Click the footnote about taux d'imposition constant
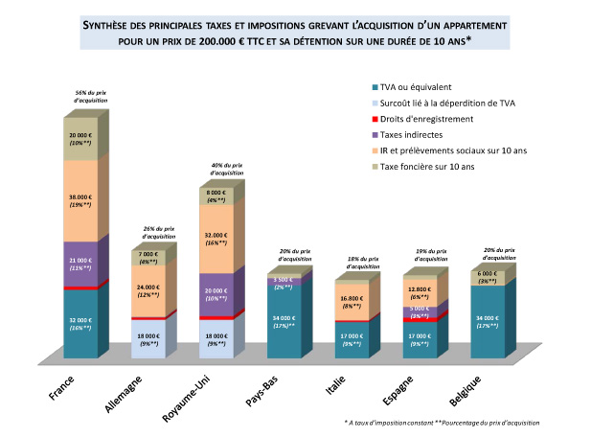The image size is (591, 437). pos(442,423)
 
